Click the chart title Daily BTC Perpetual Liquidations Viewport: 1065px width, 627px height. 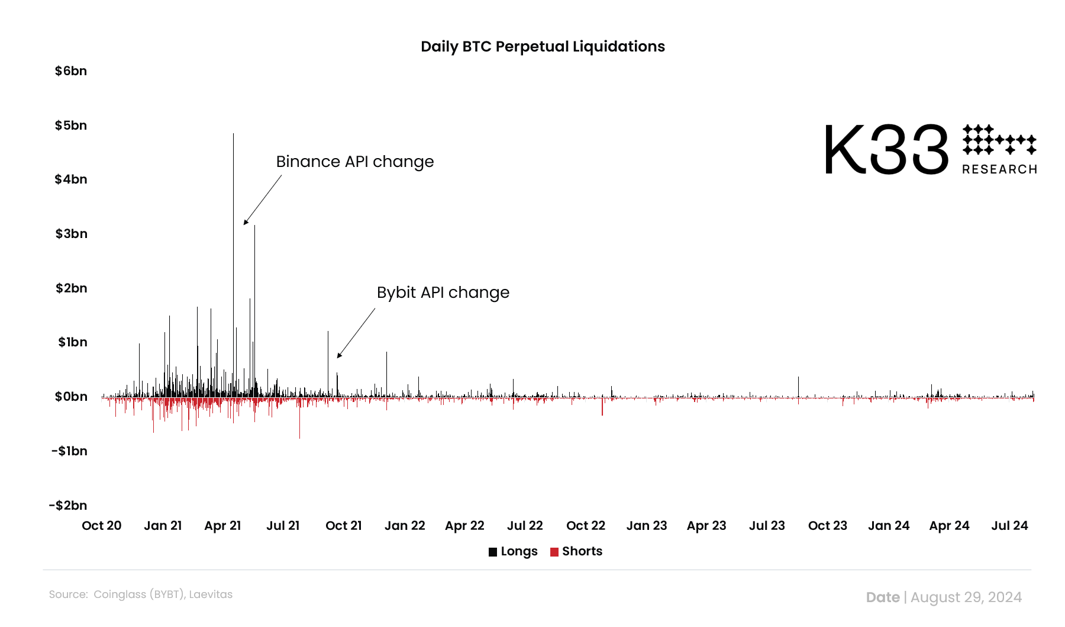[543, 47]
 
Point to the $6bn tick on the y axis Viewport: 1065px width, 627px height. [71, 71]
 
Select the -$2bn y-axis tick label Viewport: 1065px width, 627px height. [68, 506]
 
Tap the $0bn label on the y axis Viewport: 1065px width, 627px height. [71, 397]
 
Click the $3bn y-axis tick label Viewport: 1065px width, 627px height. [71, 234]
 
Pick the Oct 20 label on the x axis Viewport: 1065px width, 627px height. [102, 526]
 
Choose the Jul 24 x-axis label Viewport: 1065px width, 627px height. [1009, 526]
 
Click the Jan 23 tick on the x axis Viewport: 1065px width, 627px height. [646, 526]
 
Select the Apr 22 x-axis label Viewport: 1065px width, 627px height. [464, 526]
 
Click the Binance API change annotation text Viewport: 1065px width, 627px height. [355, 162]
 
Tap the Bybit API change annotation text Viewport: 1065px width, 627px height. [443, 292]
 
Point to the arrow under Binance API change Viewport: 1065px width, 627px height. [262, 200]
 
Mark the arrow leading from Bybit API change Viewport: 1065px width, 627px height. [356, 333]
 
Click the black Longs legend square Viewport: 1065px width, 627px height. [493, 552]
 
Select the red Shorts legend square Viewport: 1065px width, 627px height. [554, 552]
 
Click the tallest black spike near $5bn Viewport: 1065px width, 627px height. [233, 178]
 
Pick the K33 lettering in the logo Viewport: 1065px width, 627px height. [886, 150]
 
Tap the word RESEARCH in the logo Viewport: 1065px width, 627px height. [999, 169]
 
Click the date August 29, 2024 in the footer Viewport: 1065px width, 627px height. [966, 597]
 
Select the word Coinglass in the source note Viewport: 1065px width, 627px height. [120, 594]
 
